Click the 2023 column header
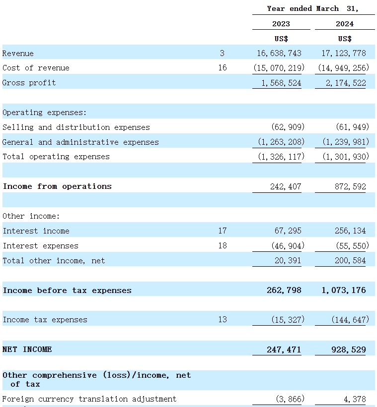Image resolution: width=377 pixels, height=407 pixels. click(x=281, y=24)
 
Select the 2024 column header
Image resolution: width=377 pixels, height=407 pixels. click(x=345, y=24)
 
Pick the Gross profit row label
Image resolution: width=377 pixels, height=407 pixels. click(x=29, y=83)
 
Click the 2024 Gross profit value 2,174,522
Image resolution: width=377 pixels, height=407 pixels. click(x=346, y=83)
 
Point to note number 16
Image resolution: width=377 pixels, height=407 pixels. click(x=223, y=68)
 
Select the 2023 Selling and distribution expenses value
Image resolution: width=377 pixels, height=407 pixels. click(x=288, y=127)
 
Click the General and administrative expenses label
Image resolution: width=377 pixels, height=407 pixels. click(x=80, y=142)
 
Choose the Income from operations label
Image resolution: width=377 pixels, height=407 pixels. click(x=57, y=186)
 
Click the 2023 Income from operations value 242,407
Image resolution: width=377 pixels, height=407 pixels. click(x=286, y=186)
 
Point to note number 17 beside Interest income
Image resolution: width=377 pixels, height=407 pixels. click(x=223, y=231)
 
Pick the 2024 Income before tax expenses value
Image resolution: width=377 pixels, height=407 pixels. click(x=344, y=291)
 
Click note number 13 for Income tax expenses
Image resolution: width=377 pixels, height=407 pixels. click(x=223, y=320)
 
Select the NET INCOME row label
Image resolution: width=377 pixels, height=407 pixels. click(x=27, y=349)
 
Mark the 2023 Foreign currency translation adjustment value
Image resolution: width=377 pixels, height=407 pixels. click(x=290, y=399)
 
